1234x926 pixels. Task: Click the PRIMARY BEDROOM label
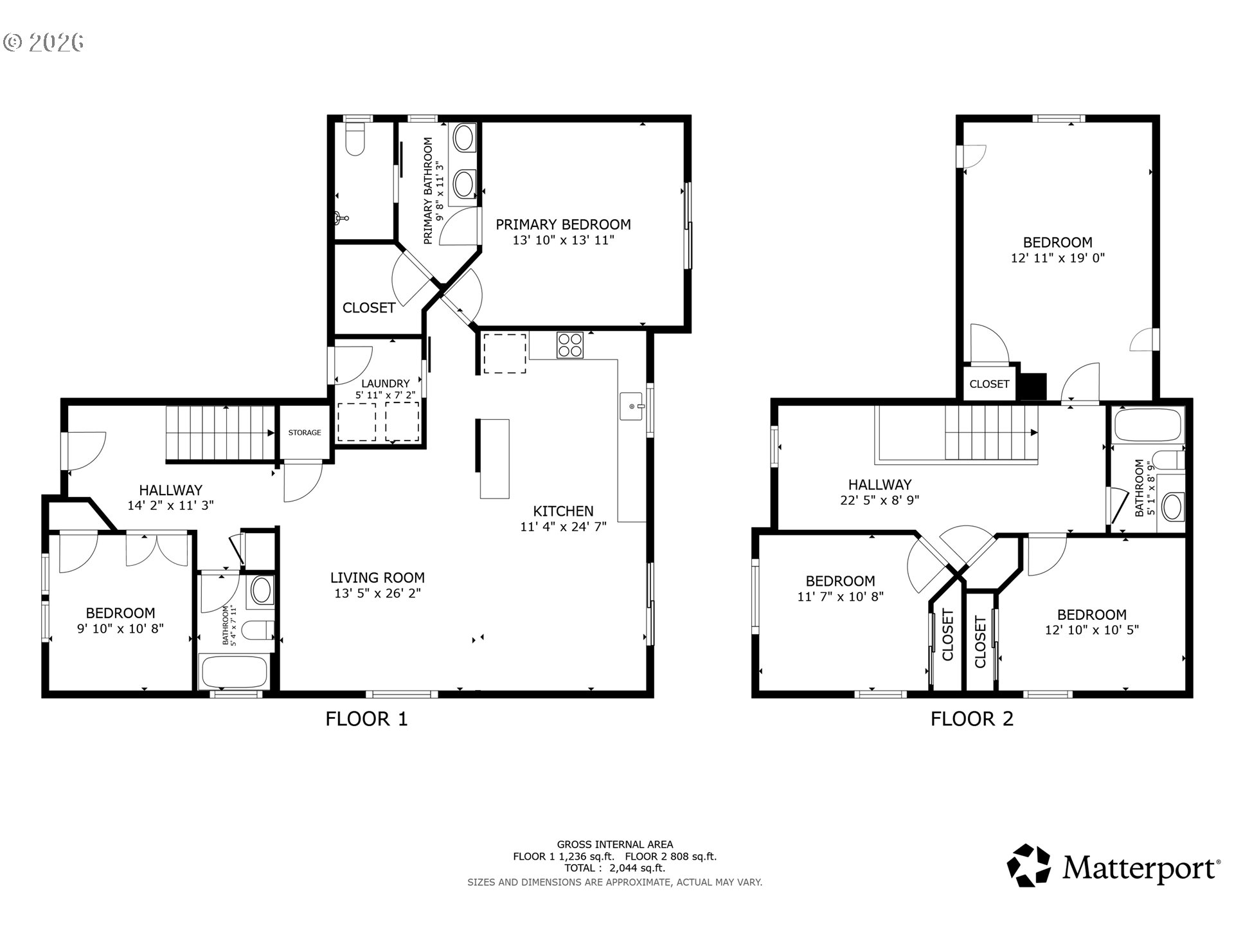pyautogui.click(x=563, y=224)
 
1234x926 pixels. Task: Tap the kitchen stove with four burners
pyautogui.click(x=570, y=344)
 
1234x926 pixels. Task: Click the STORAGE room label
pyautogui.click(x=305, y=433)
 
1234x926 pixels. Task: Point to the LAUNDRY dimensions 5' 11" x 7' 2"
pyautogui.click(x=385, y=395)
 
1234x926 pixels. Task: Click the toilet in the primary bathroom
pyautogui.click(x=355, y=140)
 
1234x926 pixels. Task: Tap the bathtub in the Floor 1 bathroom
pyautogui.click(x=234, y=672)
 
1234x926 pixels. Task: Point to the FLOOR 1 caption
pyautogui.click(x=366, y=719)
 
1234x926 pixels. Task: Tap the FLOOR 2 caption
pyautogui.click(x=972, y=719)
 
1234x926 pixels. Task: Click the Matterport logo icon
pyautogui.click(x=1028, y=865)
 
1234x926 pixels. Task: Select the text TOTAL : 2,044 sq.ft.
pyautogui.click(x=614, y=868)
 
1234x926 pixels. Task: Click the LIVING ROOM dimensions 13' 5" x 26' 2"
pyautogui.click(x=377, y=594)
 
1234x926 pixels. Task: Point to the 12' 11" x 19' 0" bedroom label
pyautogui.click(x=1057, y=258)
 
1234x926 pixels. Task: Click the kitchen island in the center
pyautogui.click(x=494, y=458)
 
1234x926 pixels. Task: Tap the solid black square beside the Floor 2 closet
pyautogui.click(x=1034, y=386)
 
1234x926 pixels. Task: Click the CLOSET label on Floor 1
pyautogui.click(x=368, y=308)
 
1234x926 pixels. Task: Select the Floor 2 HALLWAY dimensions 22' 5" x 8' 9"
pyautogui.click(x=879, y=500)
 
